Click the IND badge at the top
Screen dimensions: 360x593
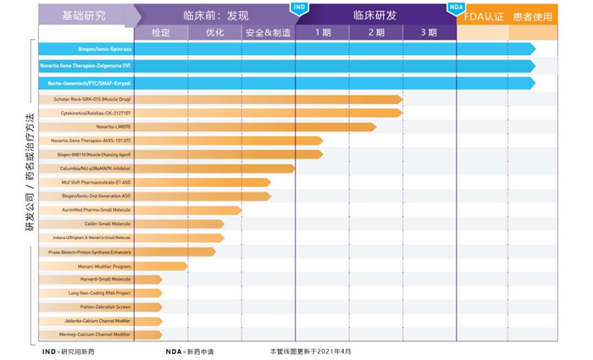point(299,7)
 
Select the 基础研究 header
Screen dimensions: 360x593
point(83,15)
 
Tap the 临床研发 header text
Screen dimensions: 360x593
point(374,15)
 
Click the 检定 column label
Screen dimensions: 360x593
point(160,33)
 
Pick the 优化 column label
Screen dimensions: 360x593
point(214,33)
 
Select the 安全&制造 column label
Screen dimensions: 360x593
point(267,33)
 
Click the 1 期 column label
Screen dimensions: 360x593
point(322,33)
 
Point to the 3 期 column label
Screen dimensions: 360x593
point(429,33)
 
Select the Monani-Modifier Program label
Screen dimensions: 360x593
point(104,266)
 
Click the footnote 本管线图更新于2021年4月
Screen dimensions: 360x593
point(310,351)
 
